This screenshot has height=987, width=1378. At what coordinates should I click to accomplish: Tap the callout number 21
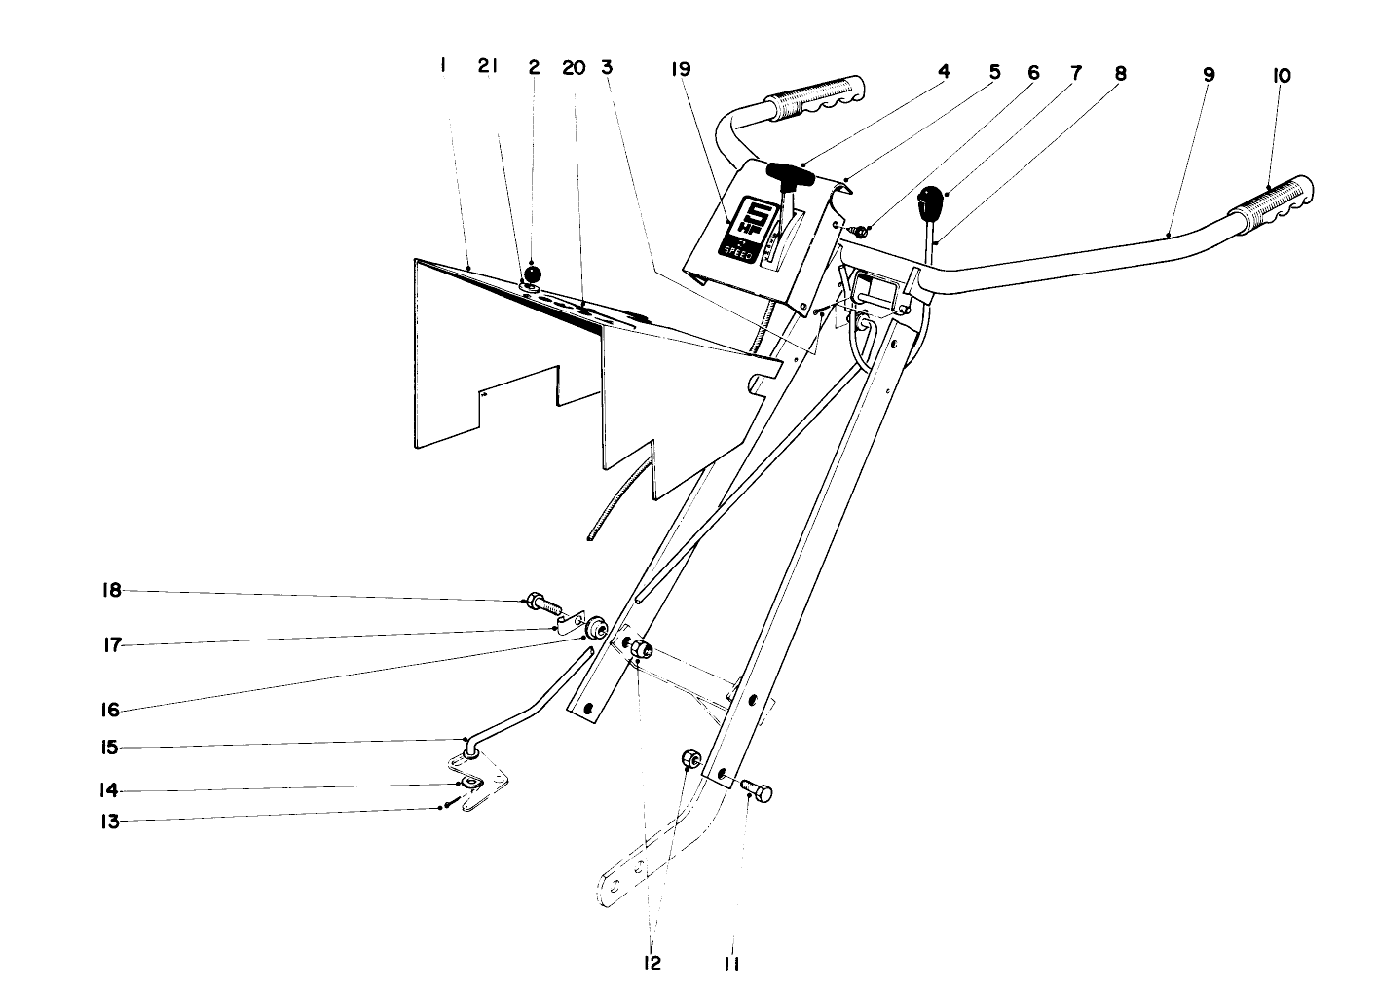pyautogui.click(x=488, y=66)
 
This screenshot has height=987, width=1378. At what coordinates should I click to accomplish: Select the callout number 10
pyautogui.click(x=1281, y=74)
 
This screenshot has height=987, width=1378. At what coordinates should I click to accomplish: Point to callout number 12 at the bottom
pyautogui.click(x=652, y=963)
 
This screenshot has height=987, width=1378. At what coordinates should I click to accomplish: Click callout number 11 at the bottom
pyautogui.click(x=731, y=964)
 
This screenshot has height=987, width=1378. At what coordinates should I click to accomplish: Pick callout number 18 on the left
pyautogui.click(x=112, y=590)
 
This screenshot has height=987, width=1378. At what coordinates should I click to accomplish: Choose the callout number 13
pyautogui.click(x=110, y=822)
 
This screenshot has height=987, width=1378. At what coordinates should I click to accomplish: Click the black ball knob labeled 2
pyautogui.click(x=533, y=273)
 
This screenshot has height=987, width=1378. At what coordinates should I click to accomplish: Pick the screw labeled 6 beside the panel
pyautogui.click(x=860, y=232)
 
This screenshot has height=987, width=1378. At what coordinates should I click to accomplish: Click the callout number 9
pyautogui.click(x=1209, y=74)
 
